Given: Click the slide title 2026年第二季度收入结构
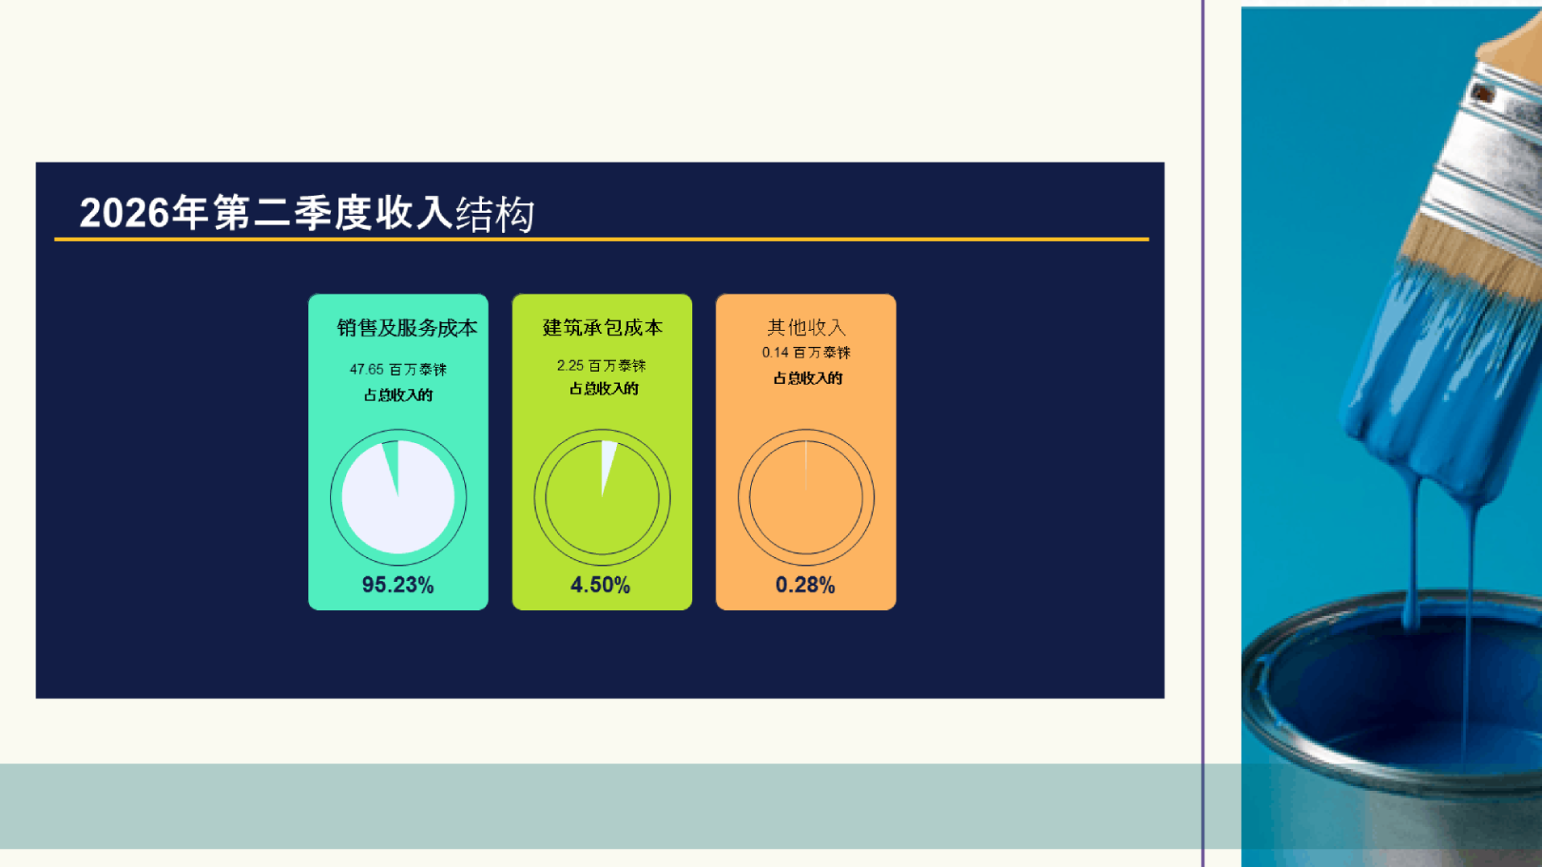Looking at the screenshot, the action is point(307,214).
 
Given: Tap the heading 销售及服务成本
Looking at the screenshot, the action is point(407,328).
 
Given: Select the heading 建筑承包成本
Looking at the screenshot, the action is point(602,328).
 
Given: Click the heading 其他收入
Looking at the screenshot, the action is point(806,328).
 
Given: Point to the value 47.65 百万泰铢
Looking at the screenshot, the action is point(398,369).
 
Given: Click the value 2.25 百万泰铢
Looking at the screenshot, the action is point(602,365).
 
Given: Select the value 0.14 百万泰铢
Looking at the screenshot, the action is point(806,352).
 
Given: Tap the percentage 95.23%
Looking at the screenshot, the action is point(398,584).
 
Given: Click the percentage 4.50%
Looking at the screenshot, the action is point(601,584).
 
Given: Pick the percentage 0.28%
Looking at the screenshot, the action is point(806,584).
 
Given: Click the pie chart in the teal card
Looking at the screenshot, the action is point(398,498).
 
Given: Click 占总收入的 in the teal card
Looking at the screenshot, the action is point(398,395).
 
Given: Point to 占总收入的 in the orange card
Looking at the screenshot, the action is point(808,378).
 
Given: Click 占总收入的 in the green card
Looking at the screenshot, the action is point(604,389).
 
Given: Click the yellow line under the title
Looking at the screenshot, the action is point(602,239).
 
